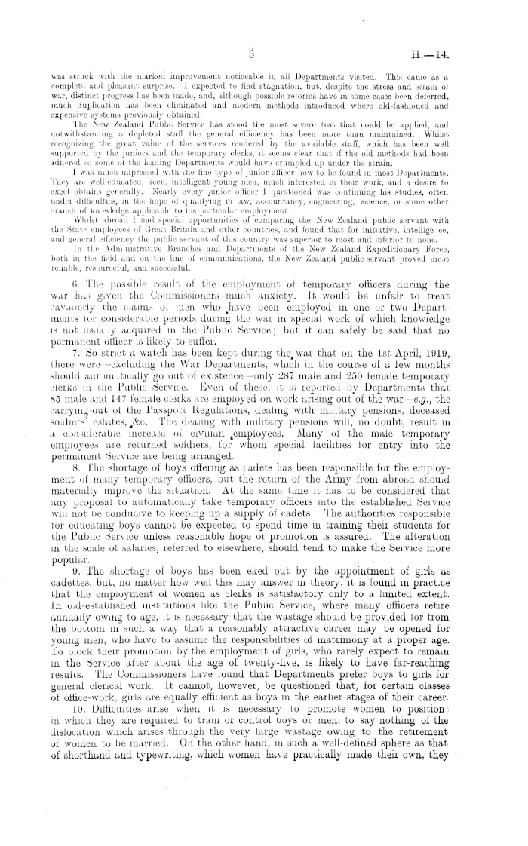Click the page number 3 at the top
pyautogui.click(x=256, y=54)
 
